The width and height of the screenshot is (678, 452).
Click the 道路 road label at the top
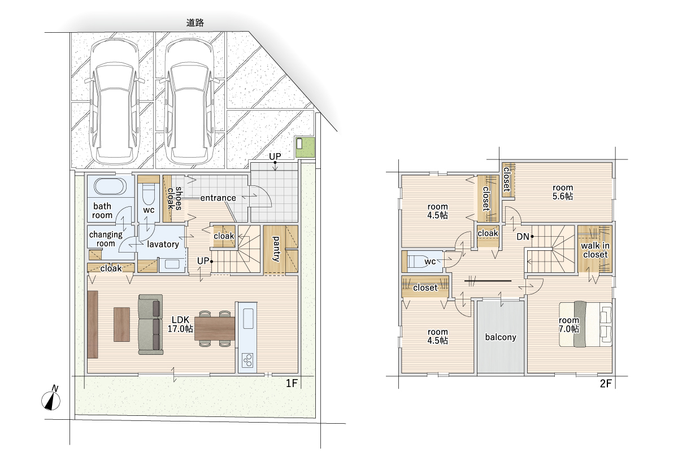195,23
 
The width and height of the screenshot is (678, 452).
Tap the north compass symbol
51,399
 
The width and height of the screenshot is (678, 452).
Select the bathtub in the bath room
110,186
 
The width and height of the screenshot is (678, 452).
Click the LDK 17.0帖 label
180,324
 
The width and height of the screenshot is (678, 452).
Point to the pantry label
276,249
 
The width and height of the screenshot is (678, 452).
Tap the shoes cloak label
175,198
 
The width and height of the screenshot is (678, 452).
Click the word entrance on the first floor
218,198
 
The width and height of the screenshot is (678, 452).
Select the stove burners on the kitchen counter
247,360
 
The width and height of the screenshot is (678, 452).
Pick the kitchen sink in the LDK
248,318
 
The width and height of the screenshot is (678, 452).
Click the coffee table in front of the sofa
121,324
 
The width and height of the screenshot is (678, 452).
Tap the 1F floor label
292,384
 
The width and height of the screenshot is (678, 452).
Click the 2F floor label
606,384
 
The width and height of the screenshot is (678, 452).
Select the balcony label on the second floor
501,337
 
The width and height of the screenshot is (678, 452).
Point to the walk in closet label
595,250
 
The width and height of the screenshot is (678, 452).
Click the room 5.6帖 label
563,192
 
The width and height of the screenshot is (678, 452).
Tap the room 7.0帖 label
569,324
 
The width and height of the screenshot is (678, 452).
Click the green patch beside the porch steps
305,147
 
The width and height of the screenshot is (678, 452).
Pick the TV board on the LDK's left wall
93,324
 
